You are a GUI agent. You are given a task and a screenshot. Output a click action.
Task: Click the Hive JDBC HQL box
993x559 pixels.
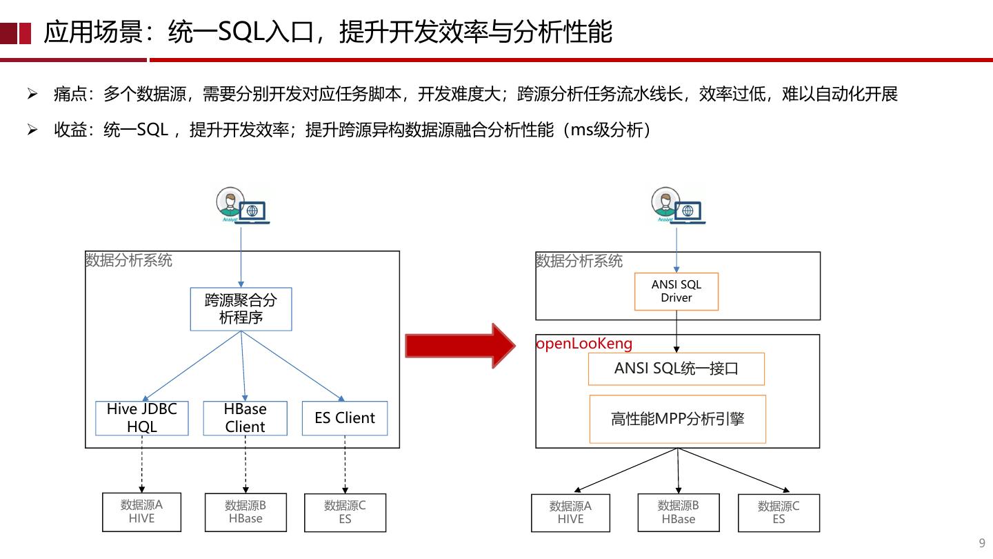(x=142, y=418)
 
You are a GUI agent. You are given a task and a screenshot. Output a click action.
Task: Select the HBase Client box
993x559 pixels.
(x=245, y=418)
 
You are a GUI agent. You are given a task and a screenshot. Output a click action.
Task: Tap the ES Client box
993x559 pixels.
(x=345, y=418)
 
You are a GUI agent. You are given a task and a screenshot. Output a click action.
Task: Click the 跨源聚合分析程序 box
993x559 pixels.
(x=241, y=309)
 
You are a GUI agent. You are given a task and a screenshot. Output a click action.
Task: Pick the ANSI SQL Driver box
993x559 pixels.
(x=676, y=291)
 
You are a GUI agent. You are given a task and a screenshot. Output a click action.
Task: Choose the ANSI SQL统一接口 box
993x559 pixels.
(x=676, y=369)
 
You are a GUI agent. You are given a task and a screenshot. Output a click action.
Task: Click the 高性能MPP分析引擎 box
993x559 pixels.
(x=677, y=419)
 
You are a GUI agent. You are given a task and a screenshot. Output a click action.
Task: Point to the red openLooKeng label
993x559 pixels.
(x=584, y=344)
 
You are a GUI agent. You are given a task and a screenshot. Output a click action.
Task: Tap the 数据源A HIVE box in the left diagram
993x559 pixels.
(x=141, y=512)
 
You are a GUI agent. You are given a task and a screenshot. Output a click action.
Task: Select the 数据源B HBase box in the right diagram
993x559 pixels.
(x=678, y=513)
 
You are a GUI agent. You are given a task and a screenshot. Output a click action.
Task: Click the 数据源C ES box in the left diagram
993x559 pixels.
(x=345, y=513)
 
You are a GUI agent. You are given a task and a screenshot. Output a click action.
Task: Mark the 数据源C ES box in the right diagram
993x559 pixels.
(x=779, y=513)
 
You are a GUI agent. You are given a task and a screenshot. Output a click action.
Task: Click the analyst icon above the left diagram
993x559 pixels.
(x=230, y=204)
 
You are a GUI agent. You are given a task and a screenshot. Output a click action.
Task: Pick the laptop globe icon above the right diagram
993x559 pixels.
(x=688, y=212)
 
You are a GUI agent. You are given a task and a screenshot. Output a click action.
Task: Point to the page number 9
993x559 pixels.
(x=982, y=542)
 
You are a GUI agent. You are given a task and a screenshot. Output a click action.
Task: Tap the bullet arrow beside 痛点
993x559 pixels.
(x=32, y=94)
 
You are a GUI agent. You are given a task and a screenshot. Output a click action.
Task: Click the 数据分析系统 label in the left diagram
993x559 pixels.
(x=129, y=260)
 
